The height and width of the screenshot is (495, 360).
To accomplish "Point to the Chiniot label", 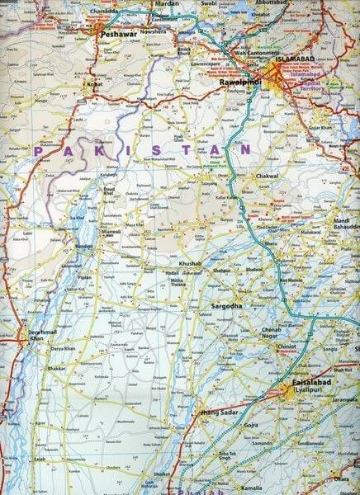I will click(x=287, y=347).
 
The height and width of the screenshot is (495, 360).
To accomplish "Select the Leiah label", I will click(x=39, y=458).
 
